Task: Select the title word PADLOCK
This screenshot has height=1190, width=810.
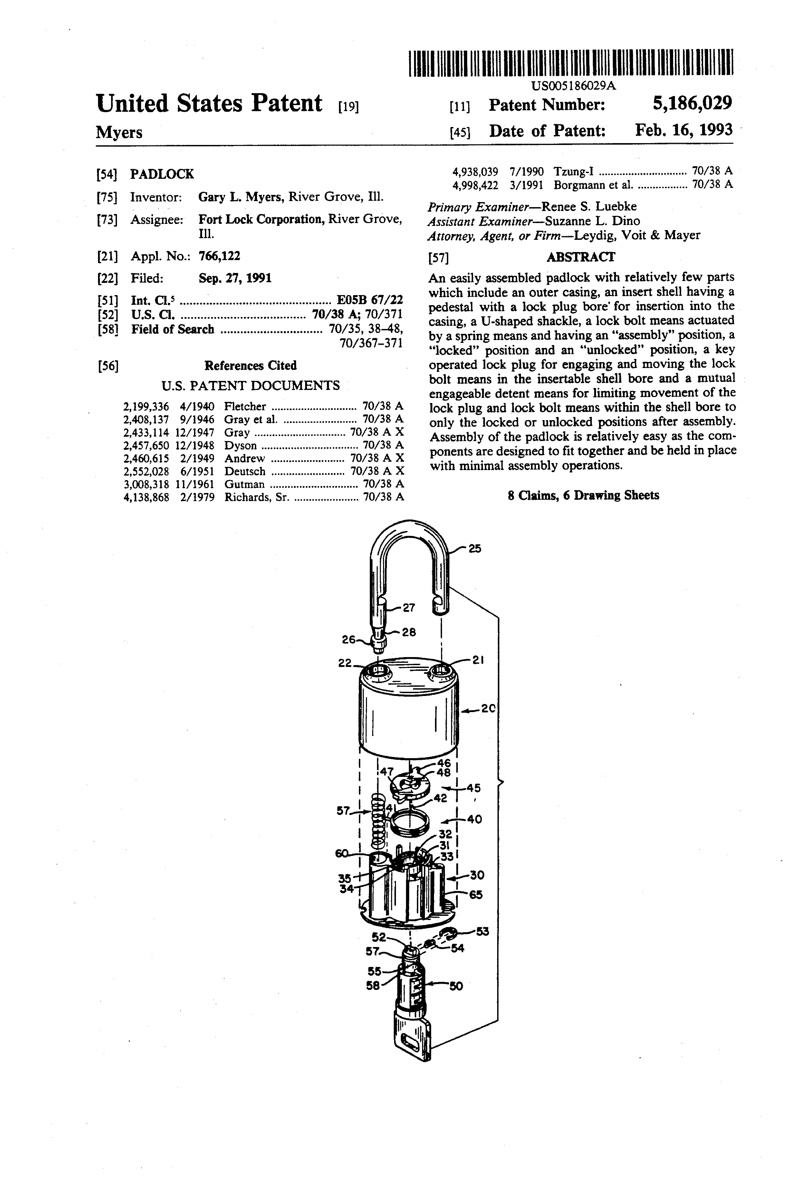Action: pyautogui.click(x=162, y=174)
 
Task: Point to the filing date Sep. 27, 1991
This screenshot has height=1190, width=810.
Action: pyautogui.click(x=235, y=278)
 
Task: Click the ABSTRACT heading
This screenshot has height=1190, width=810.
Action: pyautogui.click(x=581, y=257)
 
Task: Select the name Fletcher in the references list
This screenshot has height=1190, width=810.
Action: pyautogui.click(x=245, y=407)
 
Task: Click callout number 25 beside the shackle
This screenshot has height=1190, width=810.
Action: pyautogui.click(x=475, y=548)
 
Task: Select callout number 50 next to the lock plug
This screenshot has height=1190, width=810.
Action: pyautogui.click(x=456, y=986)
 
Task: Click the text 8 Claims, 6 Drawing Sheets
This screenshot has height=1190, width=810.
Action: pyautogui.click(x=583, y=495)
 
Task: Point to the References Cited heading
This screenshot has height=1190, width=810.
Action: pyautogui.click(x=250, y=366)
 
